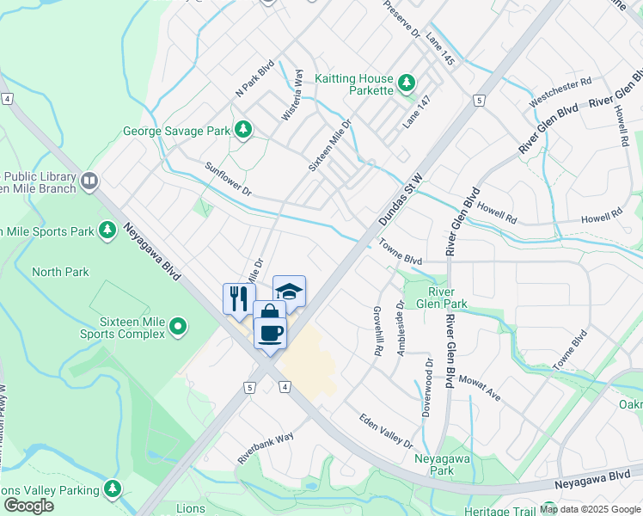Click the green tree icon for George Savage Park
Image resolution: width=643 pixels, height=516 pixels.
pyautogui.click(x=244, y=130)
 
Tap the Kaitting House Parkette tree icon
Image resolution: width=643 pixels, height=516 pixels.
pyautogui.click(x=406, y=83)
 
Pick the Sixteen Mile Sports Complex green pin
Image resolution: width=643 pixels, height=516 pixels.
pyautogui.click(x=177, y=326)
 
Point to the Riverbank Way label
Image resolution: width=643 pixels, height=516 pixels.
pyautogui.click(x=266, y=447)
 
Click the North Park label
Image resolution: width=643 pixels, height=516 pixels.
pyautogui.click(x=60, y=272)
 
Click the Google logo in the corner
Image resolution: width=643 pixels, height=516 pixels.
pyautogui.click(x=28, y=506)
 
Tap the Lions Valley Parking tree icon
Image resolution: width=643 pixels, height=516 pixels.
pyautogui.click(x=113, y=488)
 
